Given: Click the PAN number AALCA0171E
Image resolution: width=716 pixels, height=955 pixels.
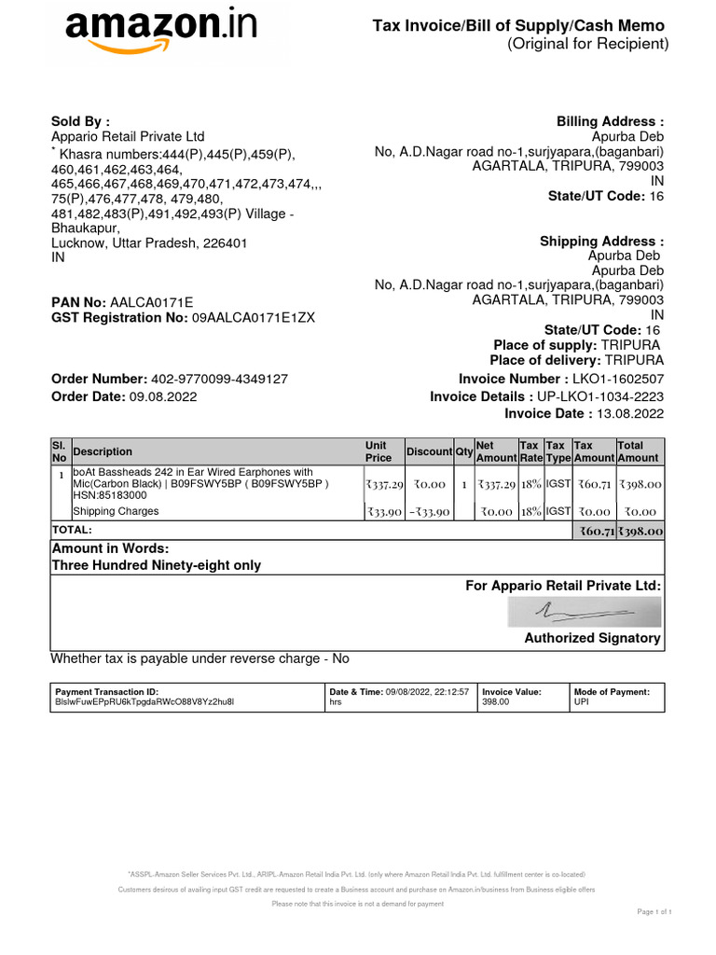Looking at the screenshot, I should point(152,302).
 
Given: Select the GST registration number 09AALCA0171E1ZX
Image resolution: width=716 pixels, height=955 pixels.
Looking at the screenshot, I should point(254,318).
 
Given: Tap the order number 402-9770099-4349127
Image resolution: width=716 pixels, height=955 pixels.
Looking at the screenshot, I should point(219,379).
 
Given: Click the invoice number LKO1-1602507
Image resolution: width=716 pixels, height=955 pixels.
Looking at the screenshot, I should point(618,379).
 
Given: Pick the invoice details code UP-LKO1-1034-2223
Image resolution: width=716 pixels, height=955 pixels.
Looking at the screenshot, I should point(600,396).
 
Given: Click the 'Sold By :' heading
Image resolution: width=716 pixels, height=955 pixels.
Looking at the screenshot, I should point(80,121).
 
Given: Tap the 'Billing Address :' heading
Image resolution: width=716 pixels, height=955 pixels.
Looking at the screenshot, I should point(610,121).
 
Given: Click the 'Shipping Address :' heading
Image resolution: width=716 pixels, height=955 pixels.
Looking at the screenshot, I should point(601,242).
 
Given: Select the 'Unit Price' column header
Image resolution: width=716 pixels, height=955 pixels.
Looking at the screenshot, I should point(379,451).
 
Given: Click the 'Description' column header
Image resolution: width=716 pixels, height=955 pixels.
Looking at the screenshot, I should point(103,451).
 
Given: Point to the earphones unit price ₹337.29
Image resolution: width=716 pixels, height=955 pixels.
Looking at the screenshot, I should point(384,485).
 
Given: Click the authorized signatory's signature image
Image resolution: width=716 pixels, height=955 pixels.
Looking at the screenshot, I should point(585,612).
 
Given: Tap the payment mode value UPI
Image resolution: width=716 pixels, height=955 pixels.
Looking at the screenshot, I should point(582,701).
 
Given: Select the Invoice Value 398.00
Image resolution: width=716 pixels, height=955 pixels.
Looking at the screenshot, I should point(495,701).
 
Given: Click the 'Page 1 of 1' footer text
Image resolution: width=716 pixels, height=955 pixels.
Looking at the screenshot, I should point(654,911).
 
